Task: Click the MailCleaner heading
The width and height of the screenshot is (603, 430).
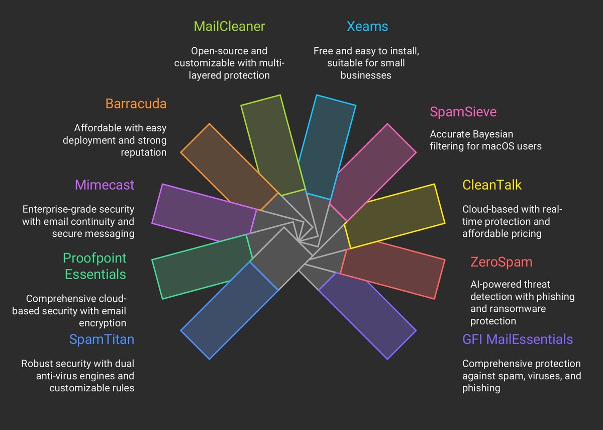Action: pyautogui.click(x=229, y=26)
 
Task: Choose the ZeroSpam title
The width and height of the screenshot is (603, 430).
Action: pyautogui.click(x=501, y=262)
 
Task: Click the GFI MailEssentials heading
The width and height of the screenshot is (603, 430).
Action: pyautogui.click(x=517, y=339)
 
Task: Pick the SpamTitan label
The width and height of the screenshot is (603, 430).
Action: pyautogui.click(x=102, y=339)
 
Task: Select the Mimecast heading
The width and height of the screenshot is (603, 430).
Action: pyautogui.click(x=105, y=185)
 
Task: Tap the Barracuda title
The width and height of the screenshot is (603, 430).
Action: pyautogui.click(x=136, y=104)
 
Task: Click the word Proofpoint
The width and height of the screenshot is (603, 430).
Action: pyautogui.click(x=94, y=259)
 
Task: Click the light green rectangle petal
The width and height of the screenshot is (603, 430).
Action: pyautogui.click(x=271, y=143)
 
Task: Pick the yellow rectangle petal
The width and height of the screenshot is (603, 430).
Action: pyautogui.click(x=395, y=216)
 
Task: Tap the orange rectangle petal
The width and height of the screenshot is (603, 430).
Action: pyautogui.click(x=229, y=166)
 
